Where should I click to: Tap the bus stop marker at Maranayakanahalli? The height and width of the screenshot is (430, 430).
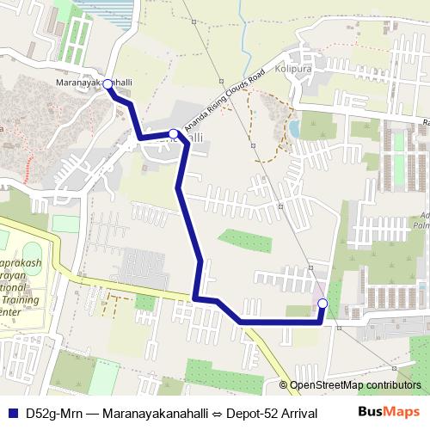(108, 85)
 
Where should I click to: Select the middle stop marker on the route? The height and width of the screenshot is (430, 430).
(174, 133)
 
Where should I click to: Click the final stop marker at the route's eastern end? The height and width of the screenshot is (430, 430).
(322, 304)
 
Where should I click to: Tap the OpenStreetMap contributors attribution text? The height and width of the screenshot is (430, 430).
(355, 384)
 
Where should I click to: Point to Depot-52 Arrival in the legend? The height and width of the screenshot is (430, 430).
(275, 414)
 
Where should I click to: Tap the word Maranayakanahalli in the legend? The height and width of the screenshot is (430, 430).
(157, 414)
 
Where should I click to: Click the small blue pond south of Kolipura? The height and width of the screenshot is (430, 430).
(295, 130)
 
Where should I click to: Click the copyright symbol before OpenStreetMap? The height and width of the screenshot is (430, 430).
(283, 384)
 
